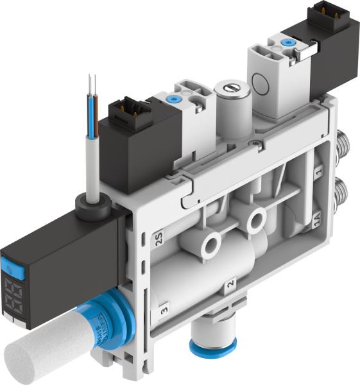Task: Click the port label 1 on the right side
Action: coord(319,173)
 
